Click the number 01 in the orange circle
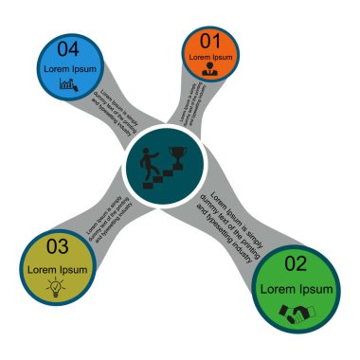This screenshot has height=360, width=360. (x=209, y=41)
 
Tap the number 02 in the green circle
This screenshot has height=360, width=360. (x=296, y=263)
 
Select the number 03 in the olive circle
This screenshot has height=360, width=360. (x=57, y=247)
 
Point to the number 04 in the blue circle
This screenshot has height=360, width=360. (x=67, y=49)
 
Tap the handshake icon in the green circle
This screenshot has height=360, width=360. (x=297, y=312)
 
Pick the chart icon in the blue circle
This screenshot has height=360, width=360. (x=68, y=84)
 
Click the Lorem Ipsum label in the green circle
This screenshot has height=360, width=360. (x=297, y=288)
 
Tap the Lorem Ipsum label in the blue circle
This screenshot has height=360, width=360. (x=69, y=68)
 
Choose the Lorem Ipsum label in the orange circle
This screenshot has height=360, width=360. (x=209, y=56)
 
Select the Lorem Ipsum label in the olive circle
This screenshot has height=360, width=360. (x=57, y=269)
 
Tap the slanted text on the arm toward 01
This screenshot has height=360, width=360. (x=189, y=102)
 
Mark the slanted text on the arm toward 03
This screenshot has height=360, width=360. (x=106, y=222)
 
